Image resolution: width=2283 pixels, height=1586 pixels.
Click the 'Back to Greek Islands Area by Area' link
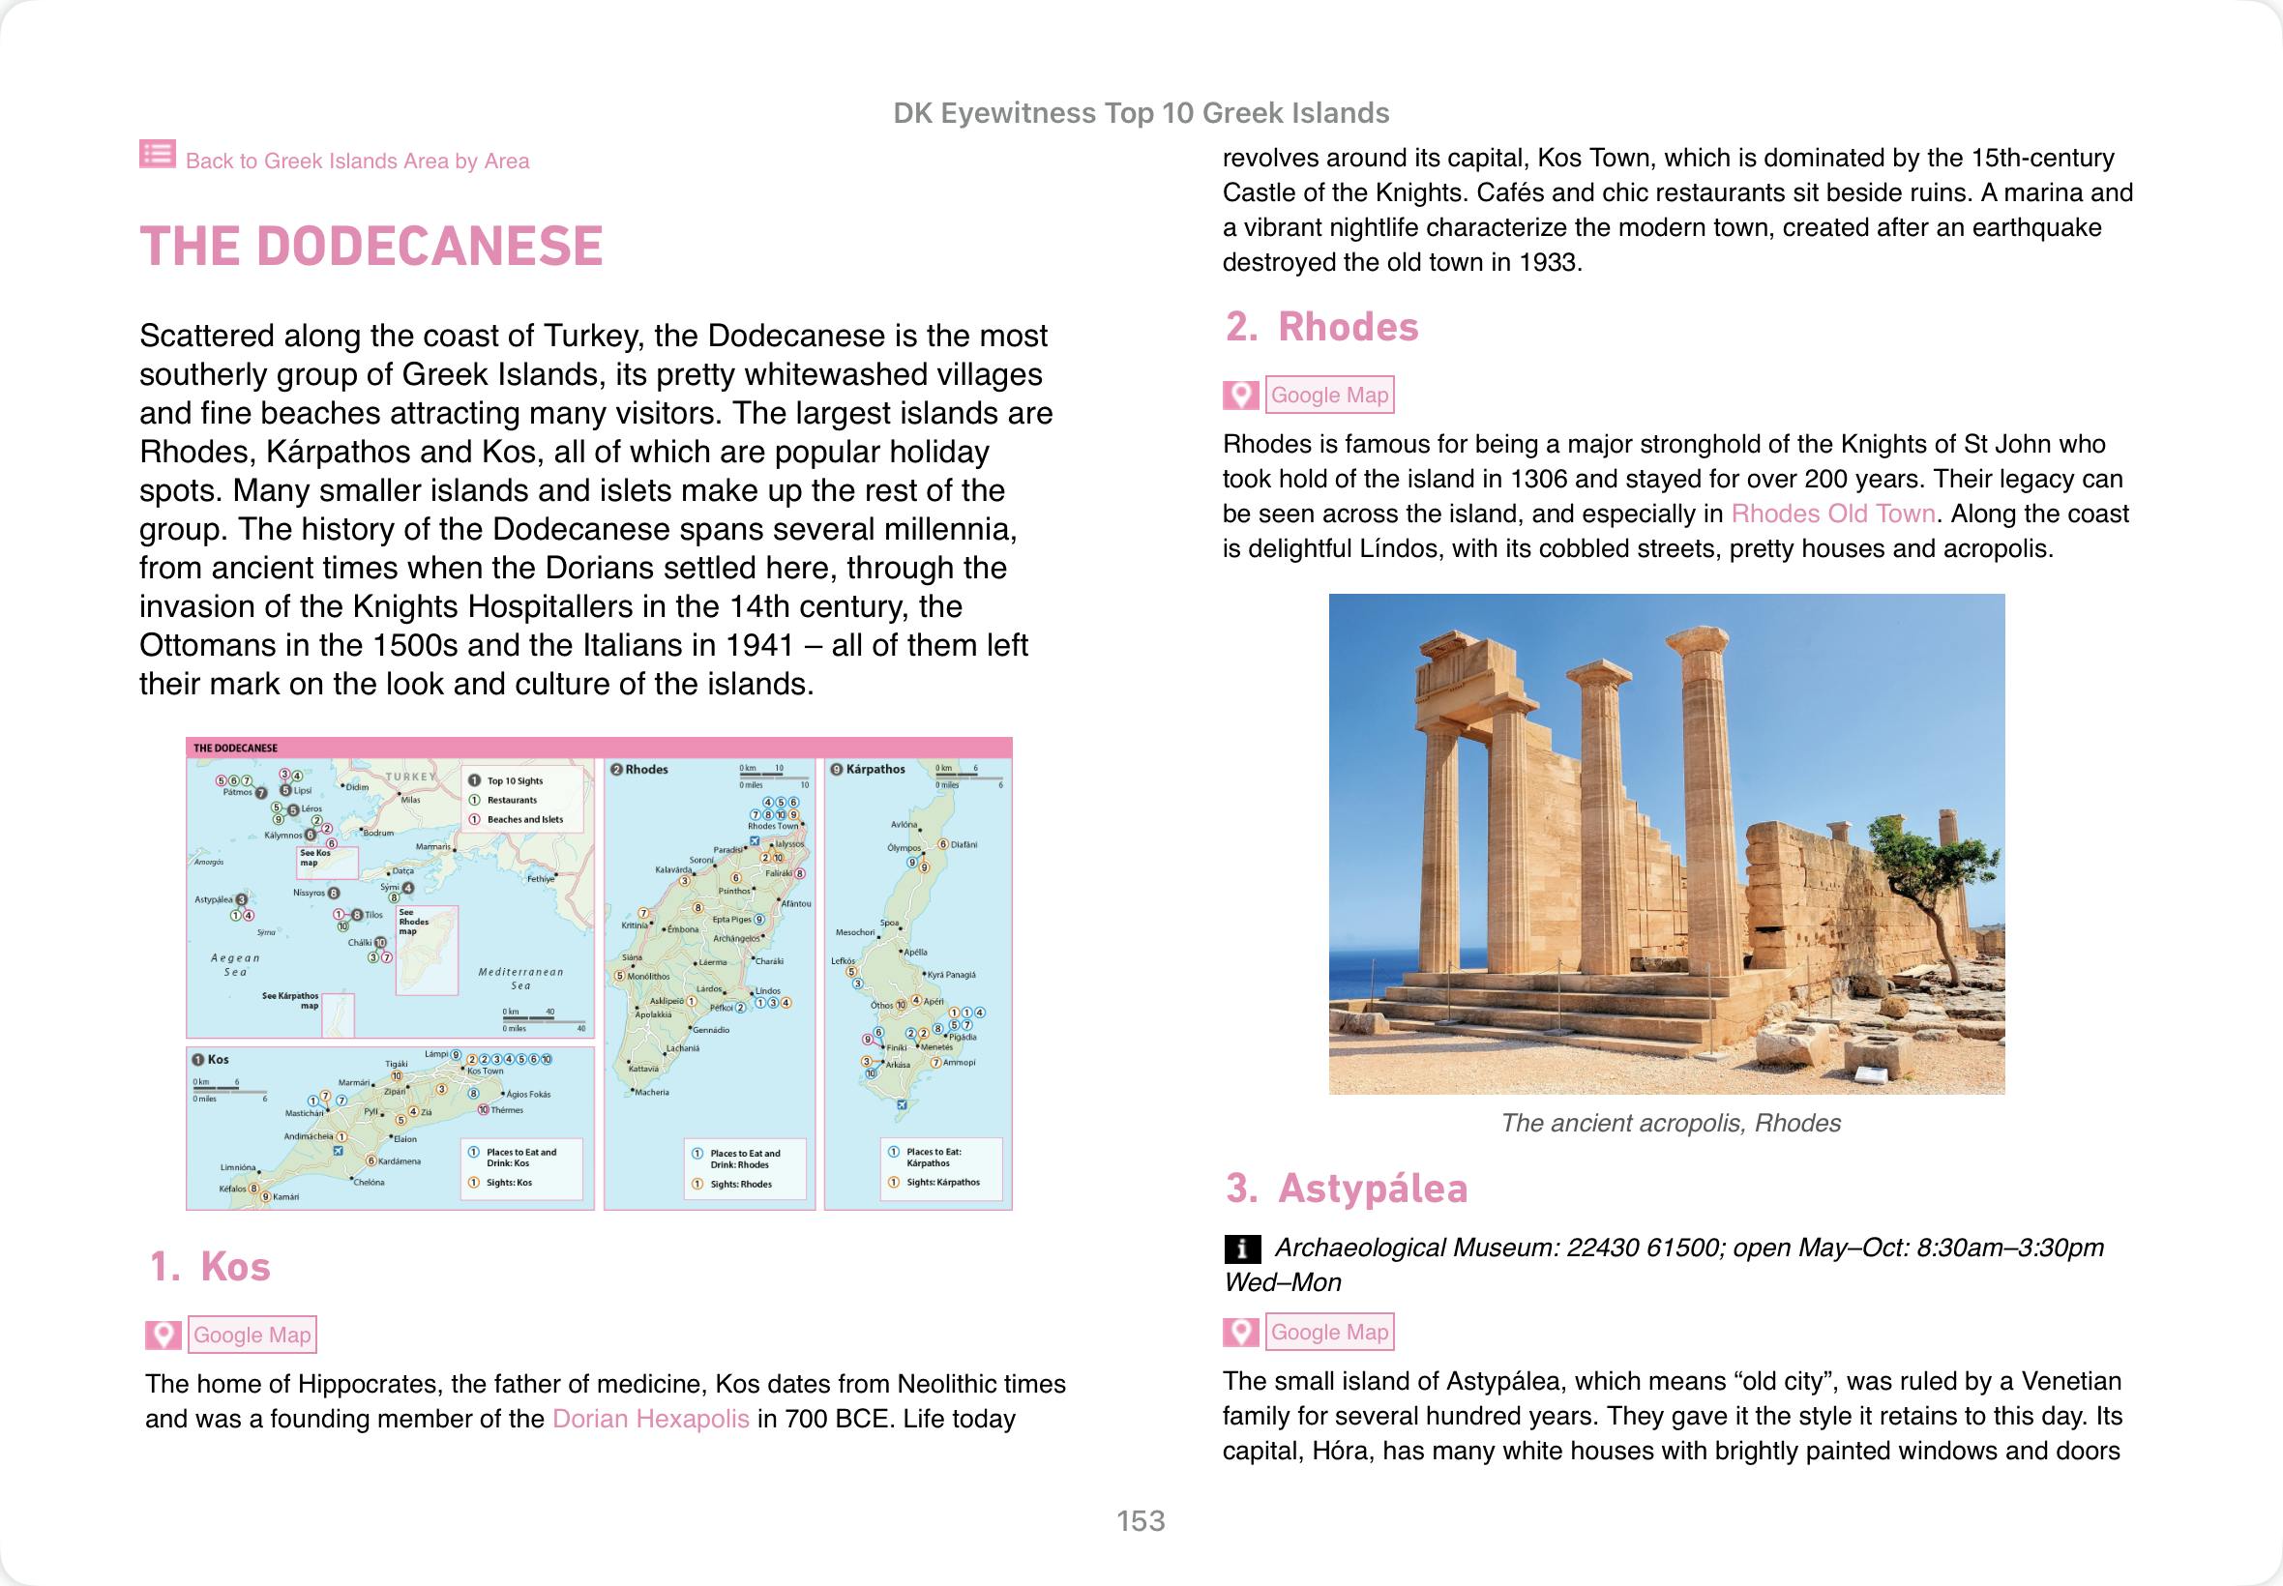pos(356,161)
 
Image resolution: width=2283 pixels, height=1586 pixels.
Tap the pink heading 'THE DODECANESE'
pos(371,247)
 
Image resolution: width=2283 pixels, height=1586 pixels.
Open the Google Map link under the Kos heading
pos(252,1335)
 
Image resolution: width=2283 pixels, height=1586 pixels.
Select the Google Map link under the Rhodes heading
pos(1329,395)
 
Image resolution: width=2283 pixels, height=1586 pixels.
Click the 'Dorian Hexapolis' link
pos(650,1418)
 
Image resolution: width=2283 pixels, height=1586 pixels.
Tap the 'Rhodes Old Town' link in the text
pos(1833,514)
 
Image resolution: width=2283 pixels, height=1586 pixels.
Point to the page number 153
pos(1140,1520)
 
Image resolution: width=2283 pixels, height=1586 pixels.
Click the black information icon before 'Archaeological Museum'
pos(1242,1248)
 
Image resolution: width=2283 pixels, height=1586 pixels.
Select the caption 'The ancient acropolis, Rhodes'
pos(1671,1123)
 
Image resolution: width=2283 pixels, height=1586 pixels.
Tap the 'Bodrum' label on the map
pos(378,833)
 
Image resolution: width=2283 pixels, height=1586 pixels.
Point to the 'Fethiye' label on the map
pos(541,878)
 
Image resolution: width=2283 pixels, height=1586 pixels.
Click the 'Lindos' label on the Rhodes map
pos(768,990)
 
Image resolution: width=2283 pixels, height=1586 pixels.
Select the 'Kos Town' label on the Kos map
pos(485,1072)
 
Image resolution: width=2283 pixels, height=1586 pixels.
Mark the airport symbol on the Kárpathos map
pos(902,1104)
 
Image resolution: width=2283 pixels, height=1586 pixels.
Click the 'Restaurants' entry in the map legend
pos(512,800)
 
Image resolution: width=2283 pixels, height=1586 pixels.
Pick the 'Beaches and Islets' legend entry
pos(524,820)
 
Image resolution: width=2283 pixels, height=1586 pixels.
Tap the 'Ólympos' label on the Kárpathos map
pos(904,848)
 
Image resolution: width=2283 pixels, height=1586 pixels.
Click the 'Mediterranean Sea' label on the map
pos(520,979)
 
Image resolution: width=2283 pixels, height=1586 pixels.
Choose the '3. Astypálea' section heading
pos(1346,1189)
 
